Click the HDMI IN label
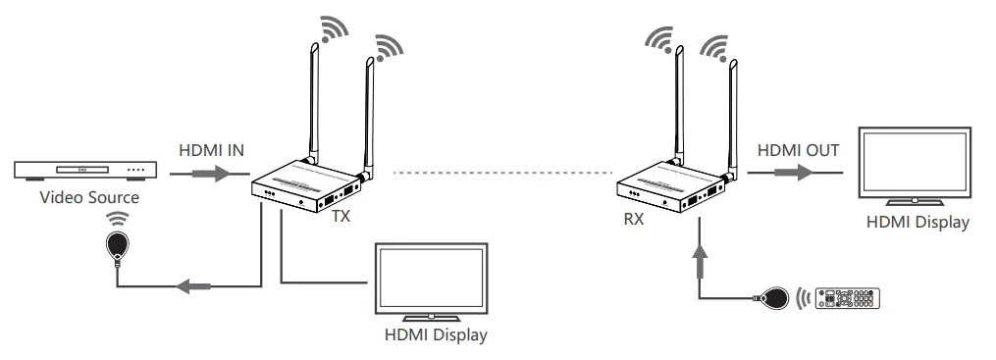coord(211,151)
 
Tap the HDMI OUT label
coord(798,151)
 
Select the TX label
coord(341,217)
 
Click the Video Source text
coord(89,198)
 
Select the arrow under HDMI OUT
coord(794,174)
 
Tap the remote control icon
coord(850,298)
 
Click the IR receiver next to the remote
coord(773,296)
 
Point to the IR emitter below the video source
coord(119,245)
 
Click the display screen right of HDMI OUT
coord(916,165)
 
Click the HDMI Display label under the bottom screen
coord(436,336)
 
